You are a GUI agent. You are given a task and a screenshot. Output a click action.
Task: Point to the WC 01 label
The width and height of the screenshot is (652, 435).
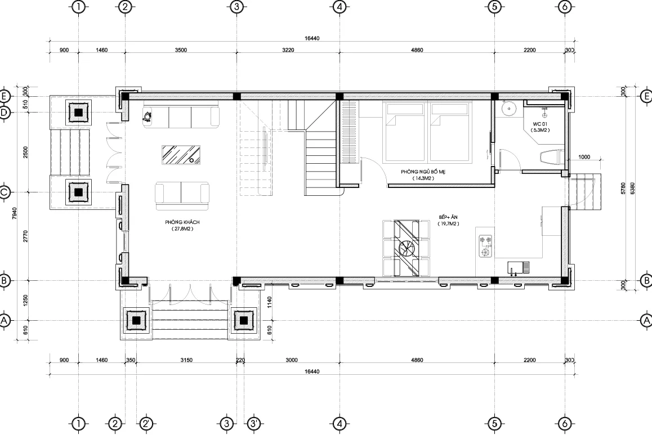[x=539, y=123]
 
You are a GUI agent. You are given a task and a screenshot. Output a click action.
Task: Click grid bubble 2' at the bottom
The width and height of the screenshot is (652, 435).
[x=146, y=423]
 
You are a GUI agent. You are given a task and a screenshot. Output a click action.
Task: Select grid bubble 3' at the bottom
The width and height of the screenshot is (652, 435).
[x=254, y=423]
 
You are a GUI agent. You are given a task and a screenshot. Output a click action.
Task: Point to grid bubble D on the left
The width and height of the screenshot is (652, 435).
[x=5, y=112]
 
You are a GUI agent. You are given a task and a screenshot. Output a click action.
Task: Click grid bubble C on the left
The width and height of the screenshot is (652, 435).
[x=5, y=192]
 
